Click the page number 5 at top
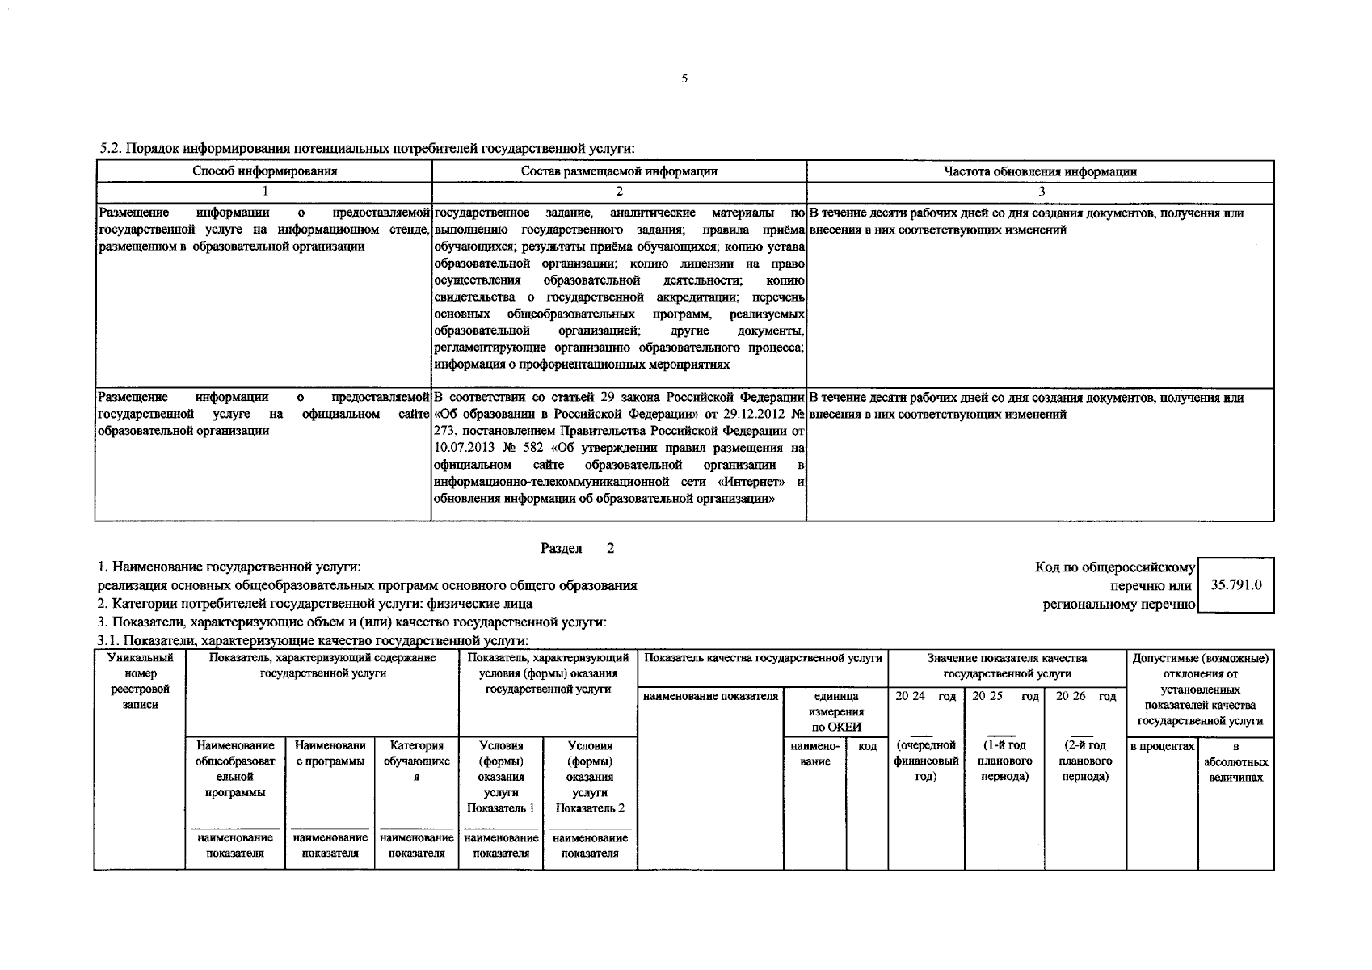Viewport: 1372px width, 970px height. point(684,79)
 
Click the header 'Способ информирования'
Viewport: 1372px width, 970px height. point(264,171)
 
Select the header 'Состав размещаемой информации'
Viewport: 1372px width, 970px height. point(619,171)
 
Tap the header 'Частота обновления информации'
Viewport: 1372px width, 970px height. point(1041,171)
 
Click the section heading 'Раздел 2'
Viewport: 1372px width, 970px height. point(577,549)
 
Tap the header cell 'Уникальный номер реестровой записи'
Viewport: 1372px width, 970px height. point(140,681)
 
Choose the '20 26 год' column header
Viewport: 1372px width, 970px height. point(1085,697)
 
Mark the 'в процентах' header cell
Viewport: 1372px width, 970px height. point(1162,746)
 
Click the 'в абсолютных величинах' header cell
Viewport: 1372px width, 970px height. point(1235,761)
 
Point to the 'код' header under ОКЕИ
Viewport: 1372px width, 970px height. point(867,746)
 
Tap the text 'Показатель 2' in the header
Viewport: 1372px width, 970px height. point(590,808)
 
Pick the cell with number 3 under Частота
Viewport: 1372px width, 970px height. point(1041,192)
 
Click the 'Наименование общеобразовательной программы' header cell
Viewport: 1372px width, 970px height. point(234,769)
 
